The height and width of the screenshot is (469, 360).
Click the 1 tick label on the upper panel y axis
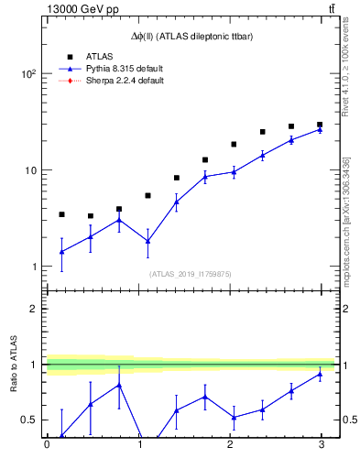click(31, 267)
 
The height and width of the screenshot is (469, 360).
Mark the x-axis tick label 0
click(47, 444)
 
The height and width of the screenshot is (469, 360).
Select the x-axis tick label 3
click(320, 444)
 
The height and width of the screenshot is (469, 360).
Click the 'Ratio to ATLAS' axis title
click(14, 364)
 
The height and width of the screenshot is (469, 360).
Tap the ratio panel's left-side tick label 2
click(32, 309)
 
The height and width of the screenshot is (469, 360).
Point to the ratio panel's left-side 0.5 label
click(27, 420)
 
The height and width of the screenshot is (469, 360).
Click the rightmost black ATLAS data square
click(320, 125)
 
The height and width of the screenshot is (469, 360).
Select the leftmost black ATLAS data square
click(61, 214)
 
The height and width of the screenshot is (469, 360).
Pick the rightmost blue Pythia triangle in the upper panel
click(320, 129)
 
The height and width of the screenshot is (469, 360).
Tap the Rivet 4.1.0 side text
click(346, 82)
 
